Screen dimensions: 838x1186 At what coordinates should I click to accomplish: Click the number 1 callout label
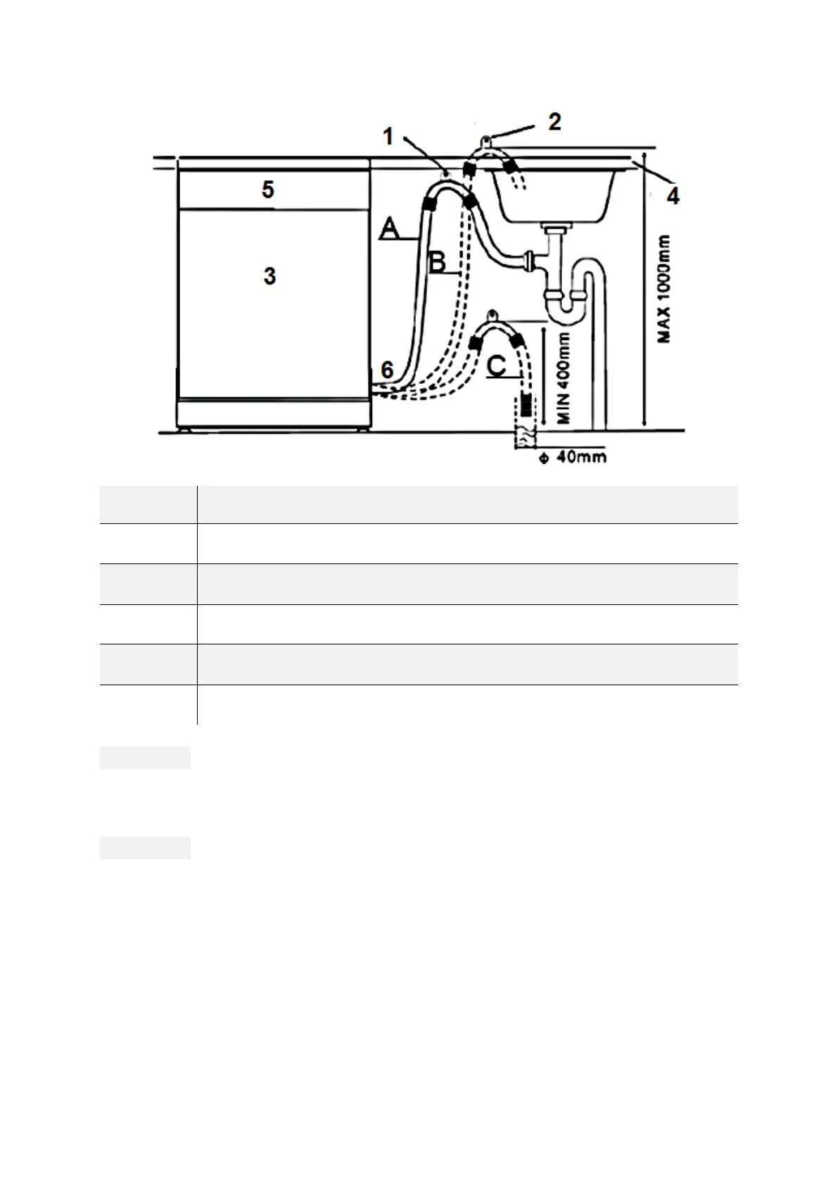click(x=388, y=136)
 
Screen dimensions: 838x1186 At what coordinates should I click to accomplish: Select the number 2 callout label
click(x=554, y=122)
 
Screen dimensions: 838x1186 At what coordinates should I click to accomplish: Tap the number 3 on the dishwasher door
click(x=269, y=276)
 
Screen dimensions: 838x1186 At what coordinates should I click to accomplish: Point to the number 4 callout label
click(x=673, y=196)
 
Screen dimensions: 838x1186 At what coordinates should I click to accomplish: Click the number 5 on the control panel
click(x=268, y=189)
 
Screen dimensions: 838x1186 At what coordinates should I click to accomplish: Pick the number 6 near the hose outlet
click(x=387, y=369)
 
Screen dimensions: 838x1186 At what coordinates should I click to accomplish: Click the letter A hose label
click(x=391, y=229)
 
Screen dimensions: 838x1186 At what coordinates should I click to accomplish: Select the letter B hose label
click(x=437, y=263)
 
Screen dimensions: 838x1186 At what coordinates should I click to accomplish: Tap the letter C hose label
click(x=497, y=366)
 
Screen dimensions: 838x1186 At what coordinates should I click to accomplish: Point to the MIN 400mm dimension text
click(x=563, y=377)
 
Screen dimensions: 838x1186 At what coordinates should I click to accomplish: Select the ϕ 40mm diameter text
click(x=572, y=458)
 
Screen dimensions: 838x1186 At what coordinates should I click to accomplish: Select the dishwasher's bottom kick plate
click(x=274, y=413)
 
